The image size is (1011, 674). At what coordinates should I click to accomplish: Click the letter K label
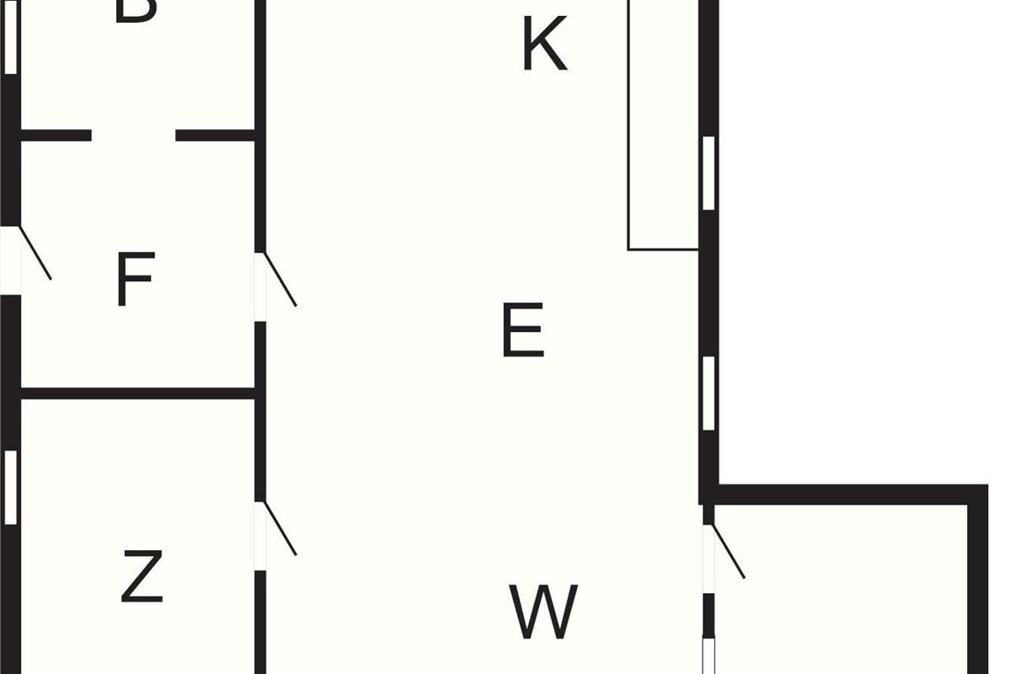[x=544, y=45]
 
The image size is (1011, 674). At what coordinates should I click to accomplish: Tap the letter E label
[x=522, y=331]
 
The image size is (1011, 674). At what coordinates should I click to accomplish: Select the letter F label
[x=135, y=281]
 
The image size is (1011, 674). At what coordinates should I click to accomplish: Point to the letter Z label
[x=142, y=576]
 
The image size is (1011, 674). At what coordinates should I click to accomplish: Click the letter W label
[x=543, y=612]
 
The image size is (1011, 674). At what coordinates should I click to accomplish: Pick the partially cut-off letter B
[x=135, y=10]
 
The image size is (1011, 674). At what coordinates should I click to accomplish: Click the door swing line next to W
[x=729, y=552]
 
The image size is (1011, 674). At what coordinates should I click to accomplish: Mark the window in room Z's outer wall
[x=11, y=487]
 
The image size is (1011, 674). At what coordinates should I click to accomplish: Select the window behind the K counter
[x=709, y=173]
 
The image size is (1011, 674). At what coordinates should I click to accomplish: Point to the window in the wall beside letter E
[x=709, y=393]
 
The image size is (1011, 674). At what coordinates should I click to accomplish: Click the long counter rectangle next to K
[x=663, y=126]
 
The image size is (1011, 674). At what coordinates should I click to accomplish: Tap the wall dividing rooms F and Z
[x=138, y=393]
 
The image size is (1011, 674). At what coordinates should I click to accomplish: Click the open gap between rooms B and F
[x=133, y=135]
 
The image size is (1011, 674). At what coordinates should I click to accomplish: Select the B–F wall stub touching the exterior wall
[x=56, y=135]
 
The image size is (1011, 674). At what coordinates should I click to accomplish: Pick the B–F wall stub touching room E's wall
[x=215, y=135]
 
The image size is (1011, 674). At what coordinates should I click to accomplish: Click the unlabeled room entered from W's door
[x=842, y=590]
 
